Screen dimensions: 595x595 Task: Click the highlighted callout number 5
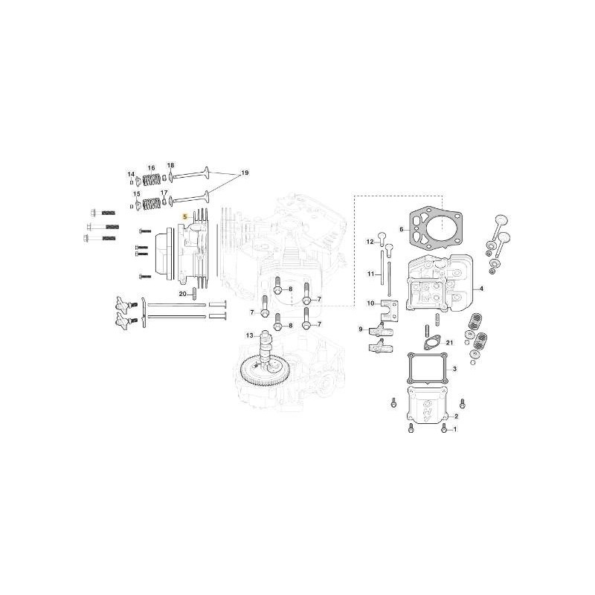point(185,217)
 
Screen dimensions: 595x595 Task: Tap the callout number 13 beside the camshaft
point(249,335)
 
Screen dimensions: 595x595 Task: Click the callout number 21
point(450,343)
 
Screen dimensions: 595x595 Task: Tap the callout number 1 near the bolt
point(455,429)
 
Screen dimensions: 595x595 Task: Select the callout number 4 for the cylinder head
point(481,289)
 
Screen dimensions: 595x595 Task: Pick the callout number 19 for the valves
point(245,173)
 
